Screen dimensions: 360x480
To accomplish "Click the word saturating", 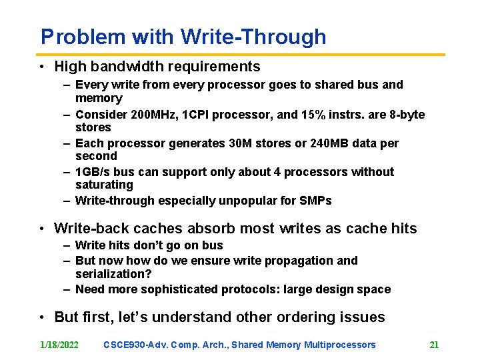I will click(104, 185).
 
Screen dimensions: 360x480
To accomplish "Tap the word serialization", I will click(109, 274).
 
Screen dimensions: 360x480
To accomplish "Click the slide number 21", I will click(434, 345).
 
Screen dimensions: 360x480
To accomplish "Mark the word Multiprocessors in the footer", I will click(339, 345).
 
